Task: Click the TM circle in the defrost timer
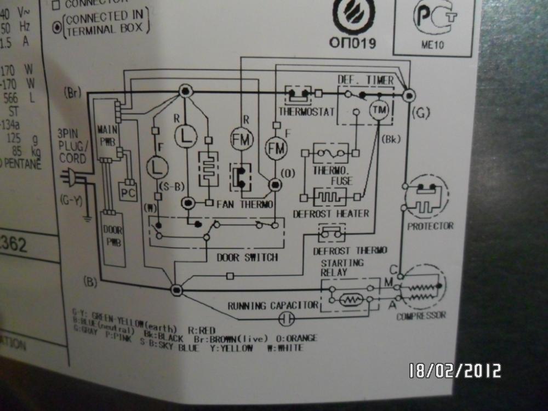coord(378,110)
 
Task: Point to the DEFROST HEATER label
coord(331,213)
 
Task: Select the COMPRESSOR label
coord(421,315)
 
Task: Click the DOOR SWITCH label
coord(247,257)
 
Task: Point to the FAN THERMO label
coord(244,204)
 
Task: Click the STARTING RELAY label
coord(341,267)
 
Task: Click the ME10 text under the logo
coord(432,45)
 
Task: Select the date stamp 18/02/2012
coord(455,371)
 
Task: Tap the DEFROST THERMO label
coord(350,250)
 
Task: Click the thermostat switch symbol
coord(299,94)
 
